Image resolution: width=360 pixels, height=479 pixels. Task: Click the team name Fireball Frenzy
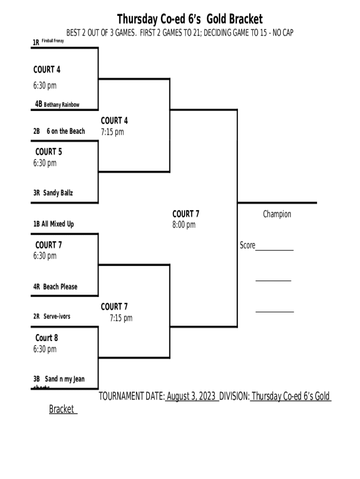coord(53,42)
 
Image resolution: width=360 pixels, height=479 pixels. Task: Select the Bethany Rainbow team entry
coord(62,105)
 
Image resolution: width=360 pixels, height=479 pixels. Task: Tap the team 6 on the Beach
coord(66,131)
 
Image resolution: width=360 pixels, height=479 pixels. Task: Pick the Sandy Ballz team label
coord(58,193)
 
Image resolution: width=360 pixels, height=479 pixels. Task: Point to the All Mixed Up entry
coord(58,224)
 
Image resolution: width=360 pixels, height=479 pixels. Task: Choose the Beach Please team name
coord(60,287)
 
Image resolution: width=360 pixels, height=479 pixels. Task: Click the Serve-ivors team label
coord(57,317)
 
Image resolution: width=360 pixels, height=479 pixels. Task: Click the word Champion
coord(277,214)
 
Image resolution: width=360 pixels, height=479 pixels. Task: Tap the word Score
coord(247,246)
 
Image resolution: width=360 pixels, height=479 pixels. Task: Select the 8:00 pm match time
coord(184,225)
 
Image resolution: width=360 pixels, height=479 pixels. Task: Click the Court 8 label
coord(47,338)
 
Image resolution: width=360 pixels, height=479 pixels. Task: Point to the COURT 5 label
coord(49,152)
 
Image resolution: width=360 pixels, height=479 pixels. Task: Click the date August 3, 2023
coord(191,397)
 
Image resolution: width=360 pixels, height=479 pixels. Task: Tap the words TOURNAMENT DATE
coord(131,397)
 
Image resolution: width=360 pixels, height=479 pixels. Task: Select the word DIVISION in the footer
coord(234,397)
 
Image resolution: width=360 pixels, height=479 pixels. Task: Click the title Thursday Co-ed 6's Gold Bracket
coord(189,19)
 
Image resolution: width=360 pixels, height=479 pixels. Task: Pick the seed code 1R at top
coord(36,43)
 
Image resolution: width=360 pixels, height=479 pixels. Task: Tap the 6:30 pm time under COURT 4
coord(45,86)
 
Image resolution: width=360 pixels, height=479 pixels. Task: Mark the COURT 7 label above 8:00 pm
coord(186,214)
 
